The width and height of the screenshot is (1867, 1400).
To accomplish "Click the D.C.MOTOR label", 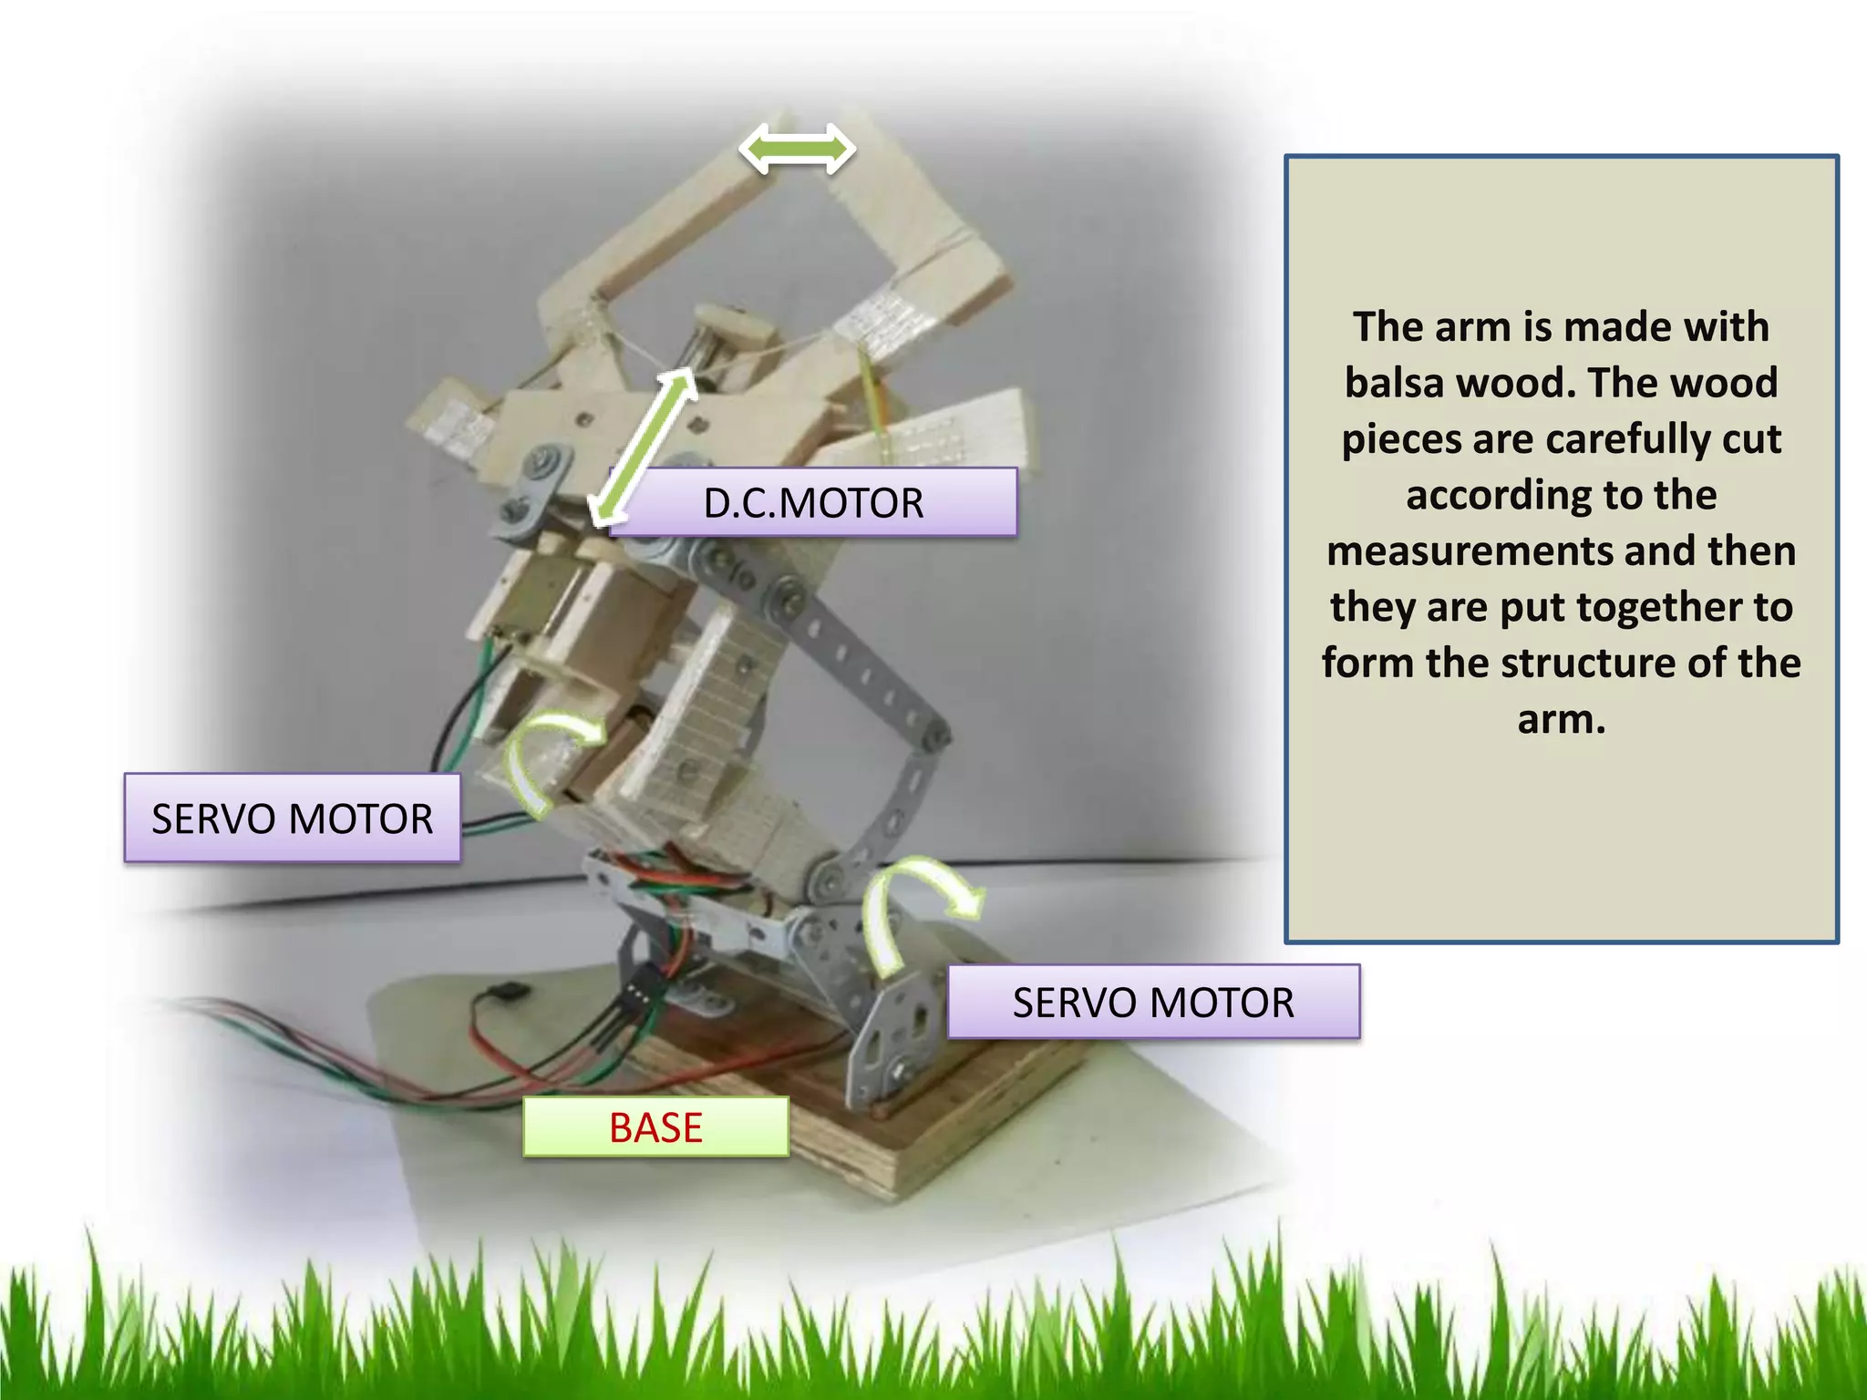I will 813,502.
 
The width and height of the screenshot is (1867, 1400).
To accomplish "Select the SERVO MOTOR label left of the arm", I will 292,818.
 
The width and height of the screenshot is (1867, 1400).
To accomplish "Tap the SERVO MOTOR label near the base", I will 1153,1002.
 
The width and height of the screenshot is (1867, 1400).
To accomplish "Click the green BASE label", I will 655,1127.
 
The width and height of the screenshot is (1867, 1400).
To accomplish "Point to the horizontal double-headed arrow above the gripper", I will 797,149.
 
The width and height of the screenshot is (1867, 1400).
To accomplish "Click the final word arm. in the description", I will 1561,720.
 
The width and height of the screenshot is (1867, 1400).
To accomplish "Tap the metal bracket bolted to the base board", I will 898,1030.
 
